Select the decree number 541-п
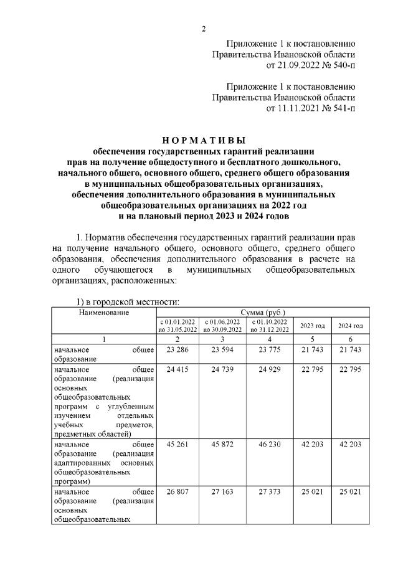[x=341, y=108]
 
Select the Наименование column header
[x=105, y=311]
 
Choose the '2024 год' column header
[x=350, y=326]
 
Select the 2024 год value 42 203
[x=350, y=445]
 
